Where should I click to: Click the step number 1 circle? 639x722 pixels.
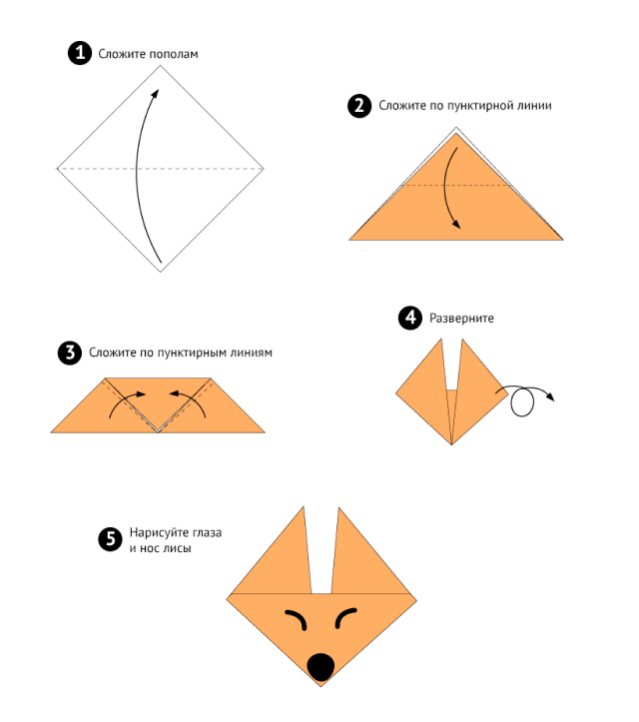tap(80, 53)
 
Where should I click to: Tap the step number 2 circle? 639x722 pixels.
tap(359, 106)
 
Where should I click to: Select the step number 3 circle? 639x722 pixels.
tap(70, 354)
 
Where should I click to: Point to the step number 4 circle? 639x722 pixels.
tap(410, 318)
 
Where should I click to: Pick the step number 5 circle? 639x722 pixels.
tap(111, 538)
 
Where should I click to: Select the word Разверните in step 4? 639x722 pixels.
tap(461, 319)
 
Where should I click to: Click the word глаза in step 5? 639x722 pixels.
tap(207, 532)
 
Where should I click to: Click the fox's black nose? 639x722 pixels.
tap(320, 667)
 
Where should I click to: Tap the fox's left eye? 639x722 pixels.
tap(297, 618)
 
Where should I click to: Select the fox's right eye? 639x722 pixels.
tap(345, 617)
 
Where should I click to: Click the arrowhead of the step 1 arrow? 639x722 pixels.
tap(156, 94)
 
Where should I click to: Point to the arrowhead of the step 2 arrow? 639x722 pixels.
tap(455, 225)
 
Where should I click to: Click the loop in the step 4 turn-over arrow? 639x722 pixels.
tap(522, 402)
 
